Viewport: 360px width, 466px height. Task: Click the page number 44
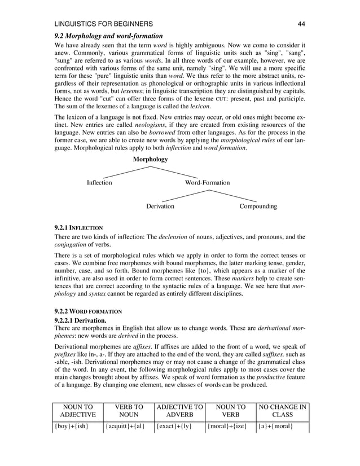(x=301, y=24)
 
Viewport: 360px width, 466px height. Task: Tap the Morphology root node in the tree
(x=150, y=160)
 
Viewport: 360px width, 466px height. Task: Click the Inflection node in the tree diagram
(x=99, y=183)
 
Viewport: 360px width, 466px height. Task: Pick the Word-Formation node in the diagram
(x=208, y=183)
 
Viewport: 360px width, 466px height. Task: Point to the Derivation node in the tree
(x=160, y=206)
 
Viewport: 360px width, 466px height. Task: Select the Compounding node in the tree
(x=258, y=206)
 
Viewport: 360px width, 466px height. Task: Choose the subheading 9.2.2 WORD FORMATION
(x=87, y=311)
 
